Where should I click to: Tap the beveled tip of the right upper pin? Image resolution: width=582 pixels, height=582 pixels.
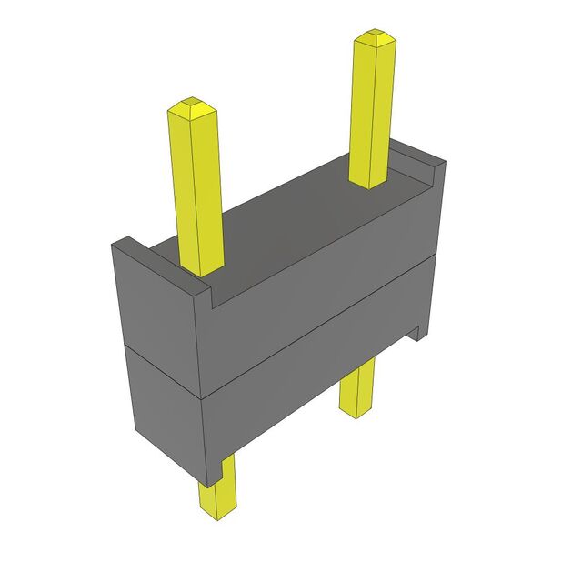[x=375, y=39]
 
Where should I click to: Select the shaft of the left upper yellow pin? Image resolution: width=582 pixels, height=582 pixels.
[x=196, y=191]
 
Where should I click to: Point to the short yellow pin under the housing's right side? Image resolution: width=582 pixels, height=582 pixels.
[x=356, y=386]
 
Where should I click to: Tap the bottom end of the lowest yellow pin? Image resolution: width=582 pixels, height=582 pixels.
[x=216, y=513]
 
